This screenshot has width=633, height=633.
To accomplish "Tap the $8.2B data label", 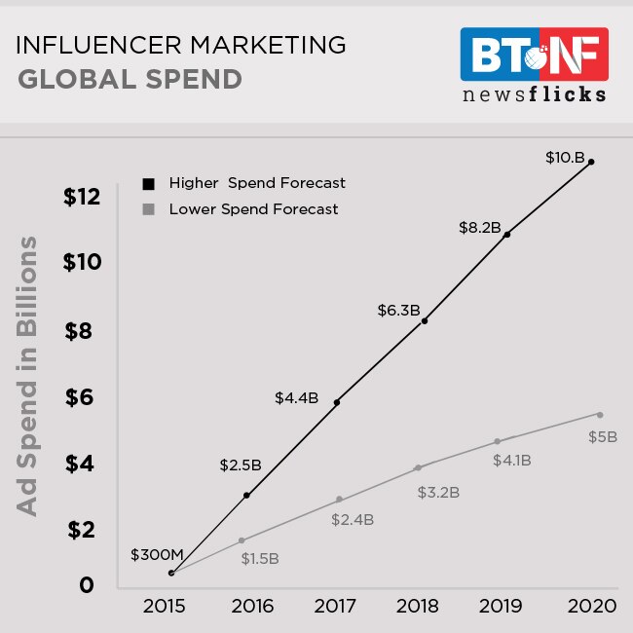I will coord(479,228).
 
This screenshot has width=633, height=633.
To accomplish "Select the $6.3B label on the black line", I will coord(398,311).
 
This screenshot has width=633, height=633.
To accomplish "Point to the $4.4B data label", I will coord(296,397).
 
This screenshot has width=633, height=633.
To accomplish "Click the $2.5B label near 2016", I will coord(240,465).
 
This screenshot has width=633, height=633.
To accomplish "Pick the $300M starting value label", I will coord(157,555).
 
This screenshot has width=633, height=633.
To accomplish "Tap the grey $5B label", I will coord(603,437).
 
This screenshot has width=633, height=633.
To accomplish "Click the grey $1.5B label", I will coord(260,559).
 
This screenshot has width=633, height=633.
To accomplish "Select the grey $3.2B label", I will coord(438,493).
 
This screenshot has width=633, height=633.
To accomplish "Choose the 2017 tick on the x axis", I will coord(337,606).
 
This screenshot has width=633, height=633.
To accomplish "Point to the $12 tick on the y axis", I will coord(82,197).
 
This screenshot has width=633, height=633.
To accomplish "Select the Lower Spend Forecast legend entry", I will coord(253,209).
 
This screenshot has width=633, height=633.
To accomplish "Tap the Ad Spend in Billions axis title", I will coord(29,375).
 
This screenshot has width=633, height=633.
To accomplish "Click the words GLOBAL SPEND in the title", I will coord(130,79).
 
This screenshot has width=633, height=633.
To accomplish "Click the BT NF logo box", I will coord(534,54).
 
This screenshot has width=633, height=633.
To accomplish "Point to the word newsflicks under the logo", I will coord(534,94).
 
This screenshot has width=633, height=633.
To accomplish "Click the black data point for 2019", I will coord(507,235).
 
